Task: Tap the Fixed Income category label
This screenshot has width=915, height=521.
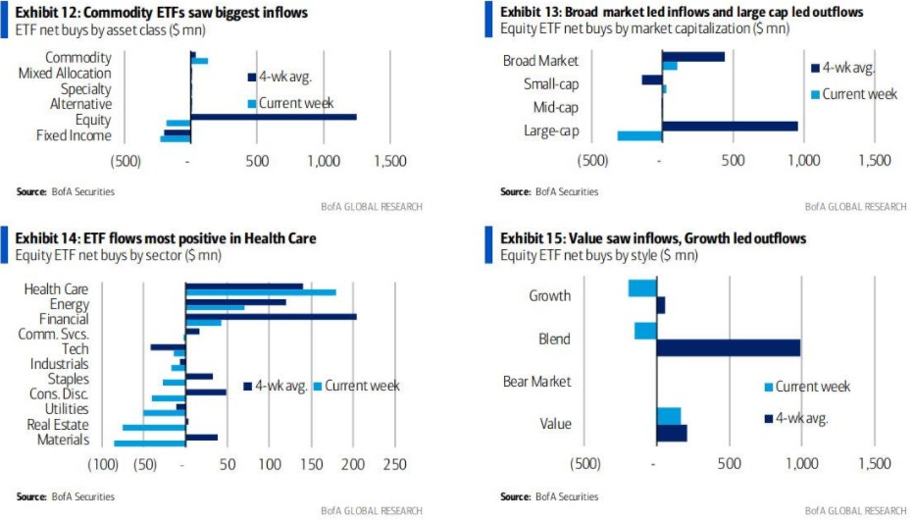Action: point(74,135)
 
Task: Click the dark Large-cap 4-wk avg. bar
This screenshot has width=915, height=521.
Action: point(730,126)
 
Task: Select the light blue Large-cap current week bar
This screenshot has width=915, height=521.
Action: point(639,135)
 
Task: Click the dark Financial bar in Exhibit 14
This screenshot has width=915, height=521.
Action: point(271,316)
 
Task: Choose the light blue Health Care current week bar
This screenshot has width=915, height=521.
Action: point(261,292)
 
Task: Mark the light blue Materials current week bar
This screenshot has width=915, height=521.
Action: point(150,443)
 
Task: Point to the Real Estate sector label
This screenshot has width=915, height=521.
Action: point(58,425)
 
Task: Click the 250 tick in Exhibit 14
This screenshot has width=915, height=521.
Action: point(395,464)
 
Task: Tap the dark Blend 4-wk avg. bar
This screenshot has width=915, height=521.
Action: point(729,346)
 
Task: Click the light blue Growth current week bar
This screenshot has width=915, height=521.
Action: point(642,287)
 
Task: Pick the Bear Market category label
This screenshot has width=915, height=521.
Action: point(536,381)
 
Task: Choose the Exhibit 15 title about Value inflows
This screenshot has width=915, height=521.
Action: point(653,237)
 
